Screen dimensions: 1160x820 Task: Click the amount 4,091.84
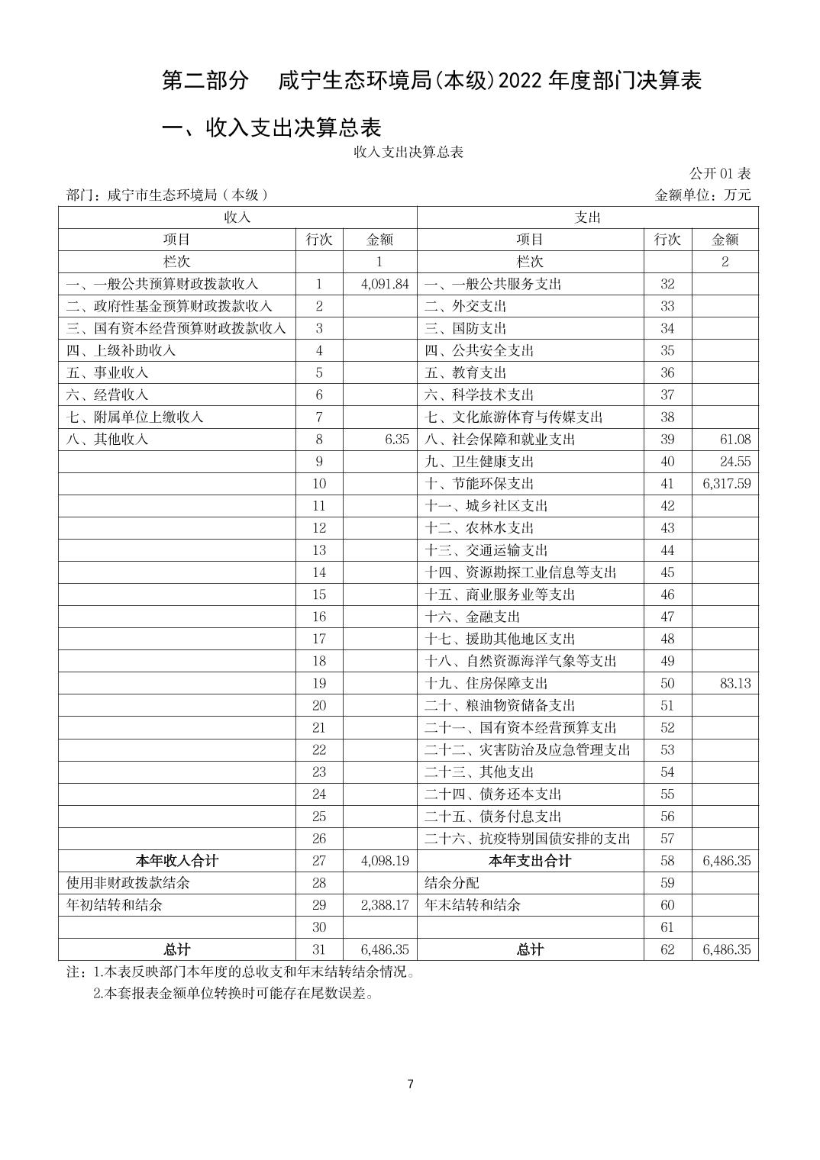(x=385, y=284)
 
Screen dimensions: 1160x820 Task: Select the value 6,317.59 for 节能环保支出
(x=726, y=483)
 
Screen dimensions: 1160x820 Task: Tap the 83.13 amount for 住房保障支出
(x=734, y=683)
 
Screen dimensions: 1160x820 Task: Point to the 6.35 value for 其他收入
(x=397, y=439)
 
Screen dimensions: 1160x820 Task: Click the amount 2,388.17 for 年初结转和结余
(x=385, y=905)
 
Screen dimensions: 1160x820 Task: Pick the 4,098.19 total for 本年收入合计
(x=385, y=861)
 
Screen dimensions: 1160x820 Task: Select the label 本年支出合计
(x=530, y=861)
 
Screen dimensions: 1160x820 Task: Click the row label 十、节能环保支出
(x=479, y=483)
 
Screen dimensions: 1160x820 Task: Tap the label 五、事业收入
(x=107, y=372)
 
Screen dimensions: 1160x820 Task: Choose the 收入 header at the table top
(x=237, y=217)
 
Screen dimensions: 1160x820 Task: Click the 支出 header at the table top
(x=587, y=217)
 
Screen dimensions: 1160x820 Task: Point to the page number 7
(x=411, y=1084)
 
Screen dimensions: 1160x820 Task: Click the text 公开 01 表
(x=720, y=173)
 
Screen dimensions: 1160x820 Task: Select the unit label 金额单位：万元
(x=702, y=195)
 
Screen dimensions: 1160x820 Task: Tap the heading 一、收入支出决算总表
(x=272, y=127)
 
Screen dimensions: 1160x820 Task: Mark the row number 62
(x=667, y=949)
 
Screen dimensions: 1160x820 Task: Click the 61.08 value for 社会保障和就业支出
(x=734, y=439)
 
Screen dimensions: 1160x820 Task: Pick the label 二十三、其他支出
(x=479, y=772)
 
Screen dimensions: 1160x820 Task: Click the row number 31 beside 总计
(x=319, y=949)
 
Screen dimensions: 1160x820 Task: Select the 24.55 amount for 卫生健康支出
(x=734, y=461)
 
